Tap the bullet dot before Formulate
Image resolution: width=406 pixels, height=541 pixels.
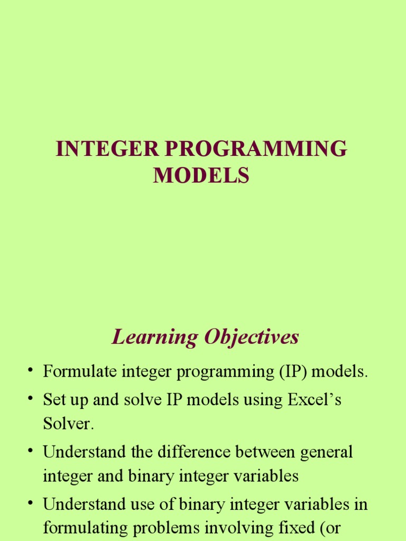point(31,371)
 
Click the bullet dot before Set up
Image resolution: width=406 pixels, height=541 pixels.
point(31,399)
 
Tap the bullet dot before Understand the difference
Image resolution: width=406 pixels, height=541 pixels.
point(31,451)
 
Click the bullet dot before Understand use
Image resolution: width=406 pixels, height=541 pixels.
point(31,503)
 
